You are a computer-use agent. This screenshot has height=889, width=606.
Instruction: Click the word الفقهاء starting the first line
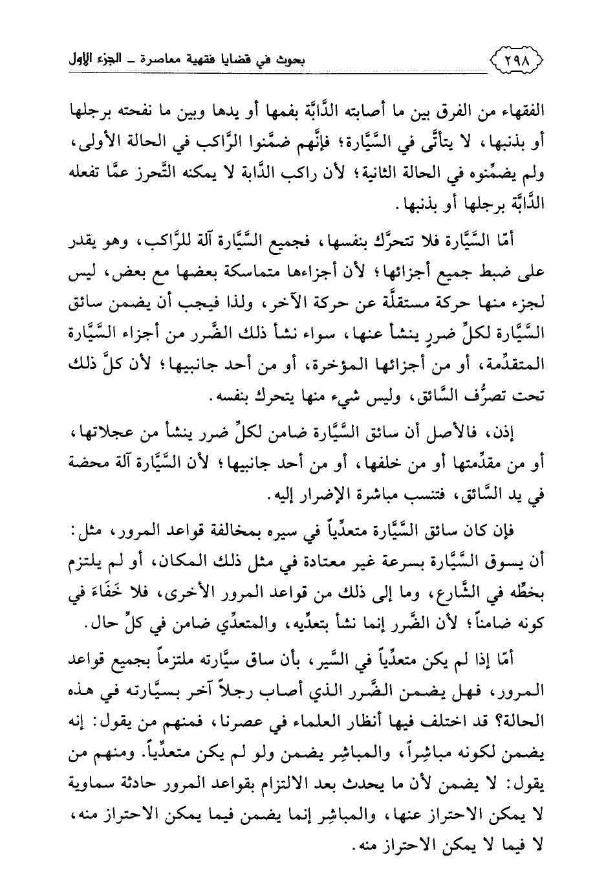point(523,109)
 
